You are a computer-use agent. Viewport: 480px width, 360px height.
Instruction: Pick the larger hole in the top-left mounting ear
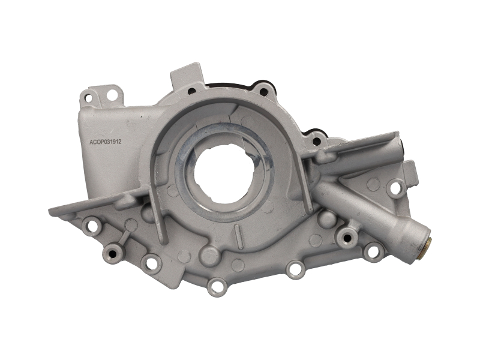point(111,95)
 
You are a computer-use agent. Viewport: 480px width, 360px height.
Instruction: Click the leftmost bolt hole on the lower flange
point(92,226)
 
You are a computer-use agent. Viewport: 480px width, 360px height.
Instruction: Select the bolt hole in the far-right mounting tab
point(396,188)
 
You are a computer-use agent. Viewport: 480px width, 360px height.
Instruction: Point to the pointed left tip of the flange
point(52,211)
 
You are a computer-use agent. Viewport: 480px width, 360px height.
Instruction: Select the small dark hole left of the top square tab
point(191,91)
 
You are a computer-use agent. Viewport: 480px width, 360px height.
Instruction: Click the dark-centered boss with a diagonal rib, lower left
point(112,253)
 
